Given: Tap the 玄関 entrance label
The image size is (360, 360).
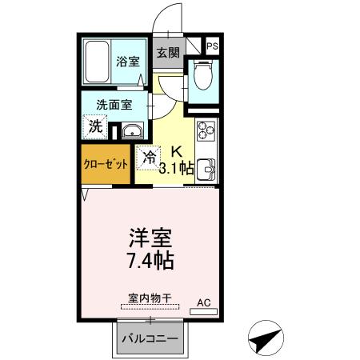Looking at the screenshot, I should click(166, 54).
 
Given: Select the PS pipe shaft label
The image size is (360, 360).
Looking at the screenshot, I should click(212, 47).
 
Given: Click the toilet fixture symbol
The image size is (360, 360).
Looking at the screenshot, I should click(202, 78).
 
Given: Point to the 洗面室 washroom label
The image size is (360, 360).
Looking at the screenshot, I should click(114, 104).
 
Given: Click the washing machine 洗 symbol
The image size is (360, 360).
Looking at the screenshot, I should click(96, 126).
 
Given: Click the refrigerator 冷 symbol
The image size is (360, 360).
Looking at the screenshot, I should click(149, 158).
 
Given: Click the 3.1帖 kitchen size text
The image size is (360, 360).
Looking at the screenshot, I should click(176, 168).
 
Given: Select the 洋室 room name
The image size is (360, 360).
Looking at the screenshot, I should click(150, 238).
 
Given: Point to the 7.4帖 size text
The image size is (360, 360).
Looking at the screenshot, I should click(150, 261).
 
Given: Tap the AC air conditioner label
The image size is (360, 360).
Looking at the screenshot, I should click(204, 302).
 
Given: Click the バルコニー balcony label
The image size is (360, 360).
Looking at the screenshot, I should click(150, 338).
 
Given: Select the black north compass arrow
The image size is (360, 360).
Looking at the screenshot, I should click(267, 339).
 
